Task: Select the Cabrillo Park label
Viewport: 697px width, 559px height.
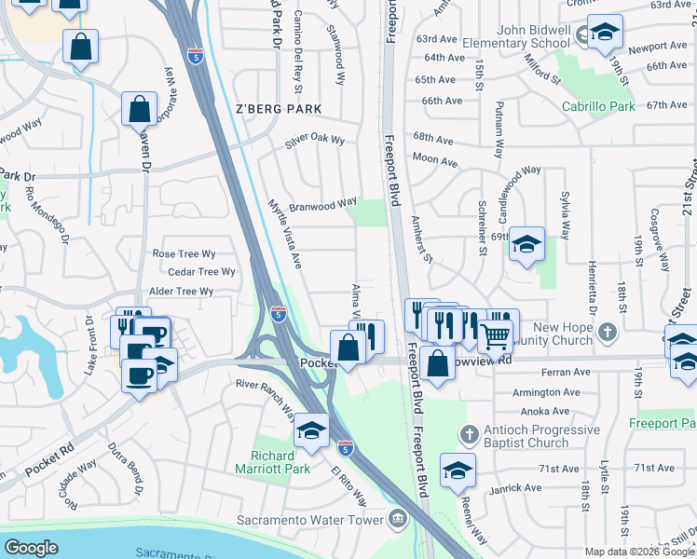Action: [598, 107]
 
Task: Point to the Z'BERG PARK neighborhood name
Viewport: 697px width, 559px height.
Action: [278, 109]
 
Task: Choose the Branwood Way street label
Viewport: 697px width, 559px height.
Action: [322, 204]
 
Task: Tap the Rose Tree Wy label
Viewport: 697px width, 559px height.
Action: [184, 253]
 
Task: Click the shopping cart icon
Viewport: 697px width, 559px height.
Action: [495, 335]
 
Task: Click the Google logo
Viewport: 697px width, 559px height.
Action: [31, 548]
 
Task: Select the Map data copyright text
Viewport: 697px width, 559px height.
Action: [638, 552]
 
